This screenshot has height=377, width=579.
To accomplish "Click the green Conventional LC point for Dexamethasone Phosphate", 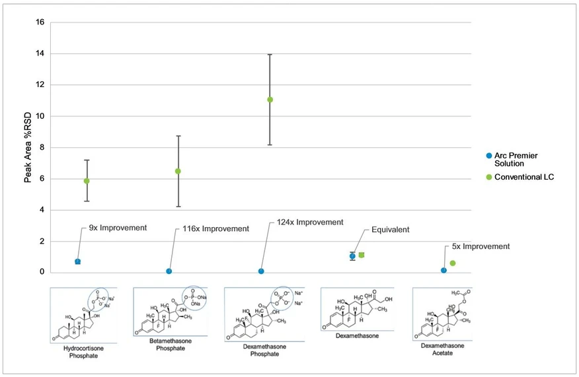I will pos(270,100).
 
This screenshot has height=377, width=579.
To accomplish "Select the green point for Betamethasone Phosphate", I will pos(178,171).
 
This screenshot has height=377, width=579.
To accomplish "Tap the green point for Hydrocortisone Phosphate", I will pos(87,181).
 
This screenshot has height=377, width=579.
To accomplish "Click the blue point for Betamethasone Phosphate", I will pos(169,271).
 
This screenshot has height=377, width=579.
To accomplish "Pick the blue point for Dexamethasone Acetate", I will pos(444,270).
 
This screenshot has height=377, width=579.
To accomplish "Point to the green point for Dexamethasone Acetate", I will pos(453,263).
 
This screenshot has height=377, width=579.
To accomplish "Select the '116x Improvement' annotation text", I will pos(215,229).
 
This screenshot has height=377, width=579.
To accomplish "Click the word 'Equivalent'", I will pos(390,230).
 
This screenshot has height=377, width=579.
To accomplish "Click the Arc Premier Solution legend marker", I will pos(488,156).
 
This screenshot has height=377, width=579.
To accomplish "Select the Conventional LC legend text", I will pos(523,178).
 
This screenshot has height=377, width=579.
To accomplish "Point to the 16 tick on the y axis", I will pos(40,22).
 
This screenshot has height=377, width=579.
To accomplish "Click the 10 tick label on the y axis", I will pos(40,116).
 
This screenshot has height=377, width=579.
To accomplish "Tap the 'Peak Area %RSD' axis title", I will pos(28,147).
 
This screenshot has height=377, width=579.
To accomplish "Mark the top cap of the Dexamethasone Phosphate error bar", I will pos(270,54).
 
